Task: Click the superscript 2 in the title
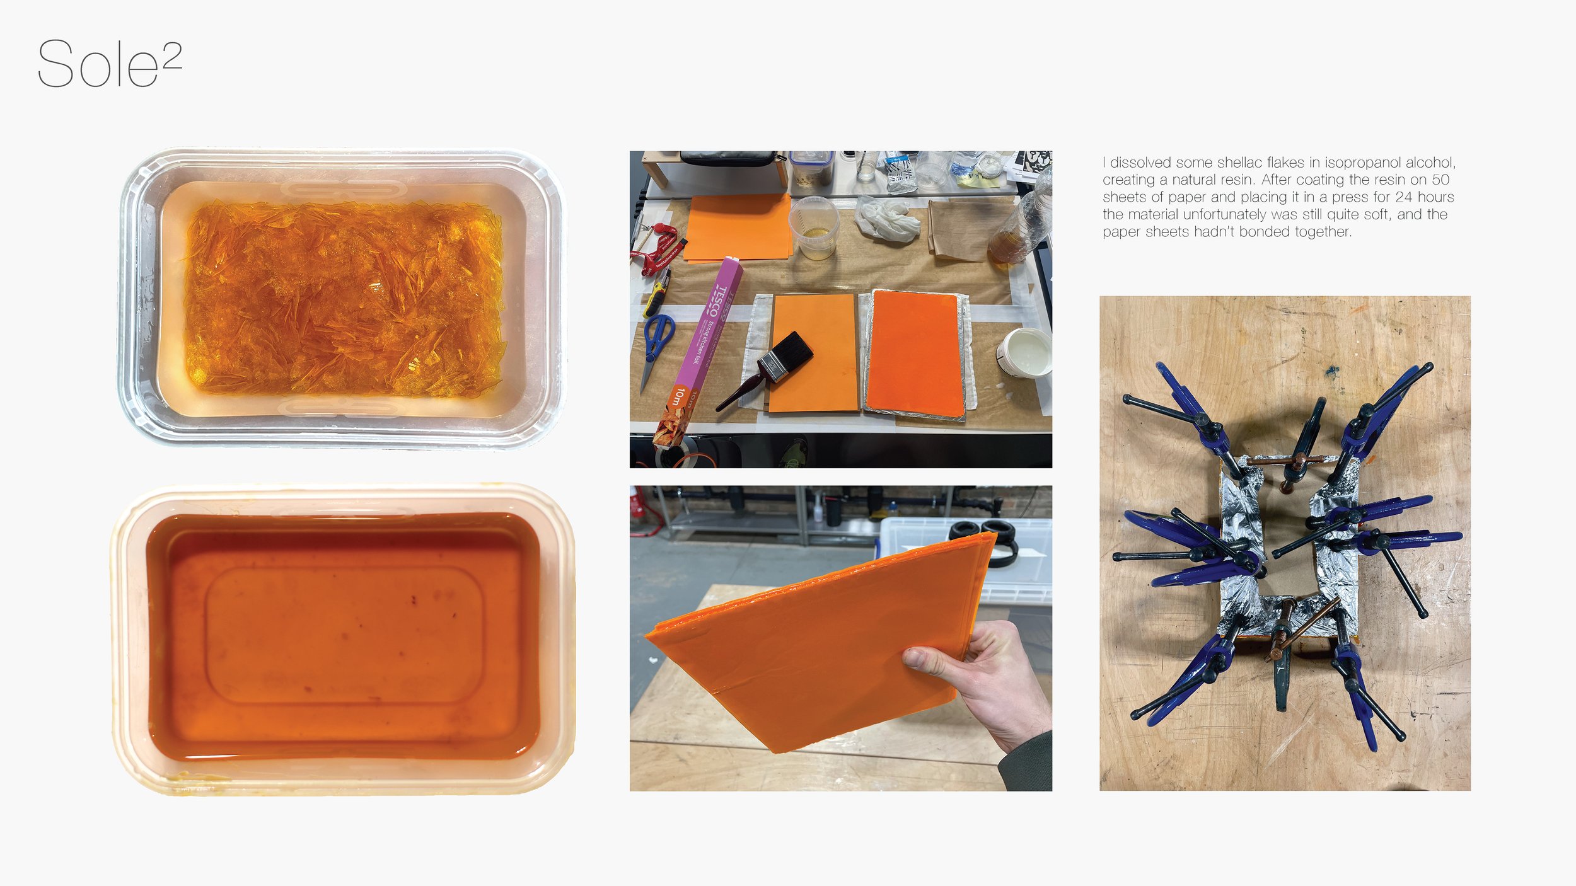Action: (x=171, y=55)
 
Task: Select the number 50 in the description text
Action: (x=1440, y=180)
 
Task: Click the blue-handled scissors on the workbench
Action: (x=656, y=343)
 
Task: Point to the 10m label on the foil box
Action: (x=678, y=396)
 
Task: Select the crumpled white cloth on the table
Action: (x=887, y=217)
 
